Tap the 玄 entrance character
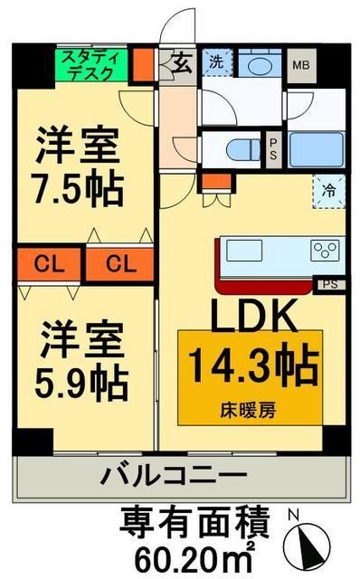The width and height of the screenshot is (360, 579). pos(180,65)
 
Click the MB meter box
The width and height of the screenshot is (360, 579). pos(298,65)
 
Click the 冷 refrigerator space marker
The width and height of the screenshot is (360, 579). pos(330,190)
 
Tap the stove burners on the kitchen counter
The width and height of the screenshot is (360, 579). pos(326,248)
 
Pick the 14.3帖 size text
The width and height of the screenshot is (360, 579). pos(252,366)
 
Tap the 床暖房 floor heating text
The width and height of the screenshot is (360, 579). pos(252,408)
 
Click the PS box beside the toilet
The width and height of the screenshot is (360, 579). pos(273,148)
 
